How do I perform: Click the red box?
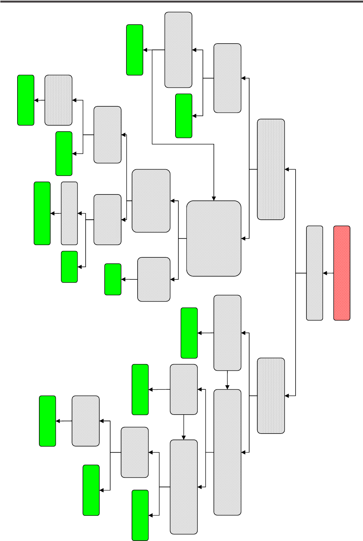342,273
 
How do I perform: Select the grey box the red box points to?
315,273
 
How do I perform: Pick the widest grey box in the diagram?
214,238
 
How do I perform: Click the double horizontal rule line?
181,2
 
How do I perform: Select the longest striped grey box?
271,169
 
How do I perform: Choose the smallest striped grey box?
58,100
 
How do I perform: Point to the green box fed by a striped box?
26,100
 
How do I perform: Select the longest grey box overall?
227,452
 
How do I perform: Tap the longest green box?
42,213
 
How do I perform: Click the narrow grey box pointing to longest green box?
69,213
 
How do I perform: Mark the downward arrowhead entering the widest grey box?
214,198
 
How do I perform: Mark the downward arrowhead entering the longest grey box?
227,387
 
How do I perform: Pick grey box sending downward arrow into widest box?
178,50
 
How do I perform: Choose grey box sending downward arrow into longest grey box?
227,332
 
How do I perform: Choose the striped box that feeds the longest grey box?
271,396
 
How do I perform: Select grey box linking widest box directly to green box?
154,279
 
